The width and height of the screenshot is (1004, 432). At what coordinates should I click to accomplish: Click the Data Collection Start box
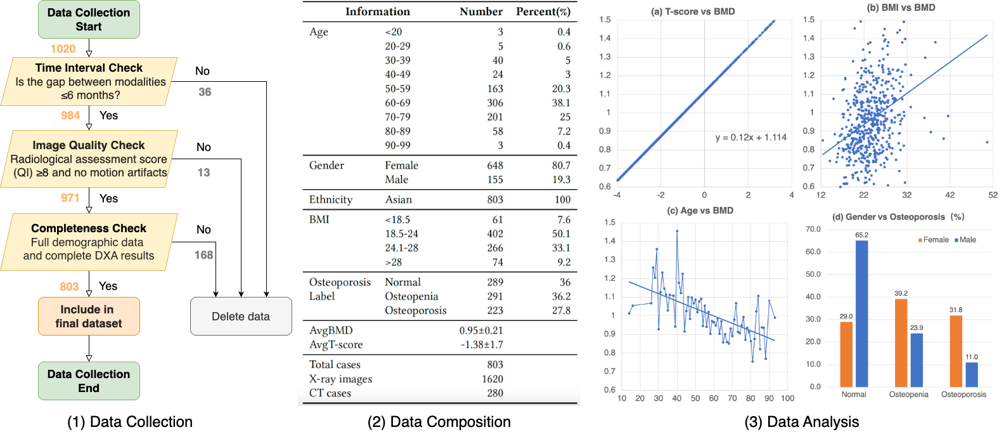[x=89, y=20]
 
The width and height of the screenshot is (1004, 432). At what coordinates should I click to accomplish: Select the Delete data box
[x=241, y=317]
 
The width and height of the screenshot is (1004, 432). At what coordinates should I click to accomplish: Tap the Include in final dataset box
[x=89, y=317]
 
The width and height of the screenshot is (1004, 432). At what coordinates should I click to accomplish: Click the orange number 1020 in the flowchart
[x=63, y=49]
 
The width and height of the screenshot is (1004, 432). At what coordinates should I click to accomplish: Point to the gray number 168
[x=203, y=255]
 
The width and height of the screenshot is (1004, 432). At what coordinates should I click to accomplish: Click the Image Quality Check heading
[x=89, y=145]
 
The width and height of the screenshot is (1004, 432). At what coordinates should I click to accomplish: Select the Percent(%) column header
[x=543, y=11]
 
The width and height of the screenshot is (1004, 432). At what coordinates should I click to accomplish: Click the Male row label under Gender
[x=396, y=180]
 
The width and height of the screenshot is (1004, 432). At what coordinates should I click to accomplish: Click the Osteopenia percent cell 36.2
[x=561, y=296]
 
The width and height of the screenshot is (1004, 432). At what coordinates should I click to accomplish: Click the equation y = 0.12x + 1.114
[x=750, y=137]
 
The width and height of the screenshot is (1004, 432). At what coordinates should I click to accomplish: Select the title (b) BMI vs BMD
[x=901, y=8]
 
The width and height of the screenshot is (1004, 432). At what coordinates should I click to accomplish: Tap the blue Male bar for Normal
[x=862, y=313]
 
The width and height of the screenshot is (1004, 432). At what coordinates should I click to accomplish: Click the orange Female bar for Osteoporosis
[x=956, y=351]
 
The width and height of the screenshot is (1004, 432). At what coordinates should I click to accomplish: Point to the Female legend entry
[x=933, y=240]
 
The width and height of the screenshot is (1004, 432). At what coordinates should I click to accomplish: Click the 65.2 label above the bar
[x=862, y=235]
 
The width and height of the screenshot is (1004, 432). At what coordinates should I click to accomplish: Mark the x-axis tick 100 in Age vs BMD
[x=787, y=398]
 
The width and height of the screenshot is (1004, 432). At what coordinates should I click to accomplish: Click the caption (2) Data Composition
[x=439, y=422]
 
